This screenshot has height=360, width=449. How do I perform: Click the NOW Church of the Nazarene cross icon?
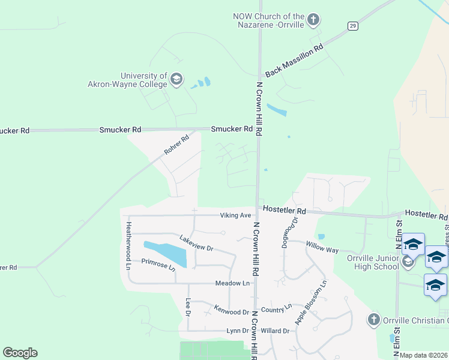[x=313, y=20]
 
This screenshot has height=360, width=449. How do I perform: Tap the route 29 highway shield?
[x=353, y=25]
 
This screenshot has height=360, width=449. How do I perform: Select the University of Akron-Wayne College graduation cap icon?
[x=176, y=79]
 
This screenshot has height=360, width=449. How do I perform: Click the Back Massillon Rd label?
[x=294, y=59]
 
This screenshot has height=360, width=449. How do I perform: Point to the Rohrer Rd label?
[x=176, y=146]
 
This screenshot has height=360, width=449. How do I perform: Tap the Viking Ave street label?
[x=235, y=215]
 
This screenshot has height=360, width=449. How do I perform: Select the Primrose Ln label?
[x=158, y=265]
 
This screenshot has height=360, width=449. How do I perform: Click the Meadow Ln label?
[x=232, y=283]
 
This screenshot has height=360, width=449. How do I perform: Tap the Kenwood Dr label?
[x=231, y=312]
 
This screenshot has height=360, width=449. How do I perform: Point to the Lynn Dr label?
[x=237, y=331]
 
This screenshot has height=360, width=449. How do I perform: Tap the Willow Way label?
[x=322, y=246]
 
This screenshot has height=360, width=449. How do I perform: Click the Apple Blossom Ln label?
[x=310, y=303]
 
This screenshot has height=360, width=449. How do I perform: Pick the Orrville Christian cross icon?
[x=374, y=319]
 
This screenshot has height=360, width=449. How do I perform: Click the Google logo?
[x=20, y=353]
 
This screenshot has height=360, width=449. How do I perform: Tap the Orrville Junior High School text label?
[x=373, y=262]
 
